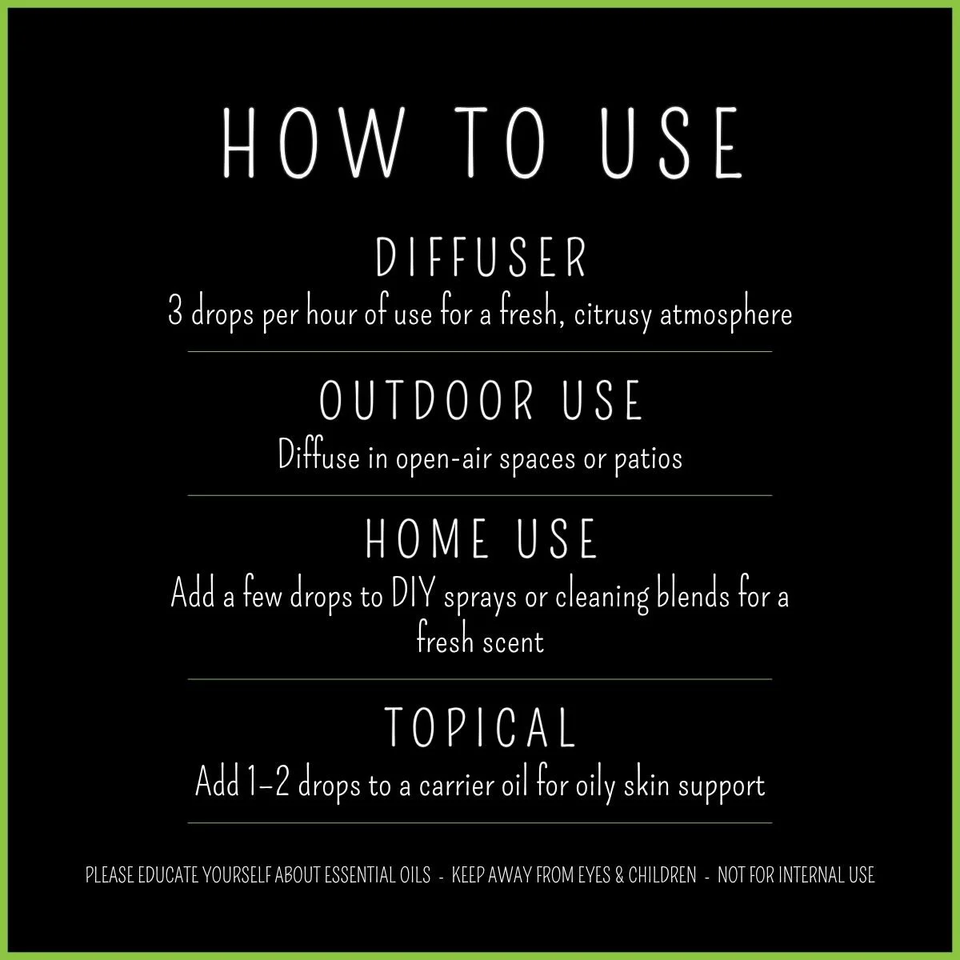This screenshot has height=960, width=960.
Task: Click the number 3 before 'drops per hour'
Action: (x=174, y=312)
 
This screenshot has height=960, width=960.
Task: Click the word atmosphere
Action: (x=727, y=314)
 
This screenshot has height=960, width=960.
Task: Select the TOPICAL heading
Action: (x=481, y=726)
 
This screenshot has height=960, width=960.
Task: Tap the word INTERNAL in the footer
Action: (x=800, y=875)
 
